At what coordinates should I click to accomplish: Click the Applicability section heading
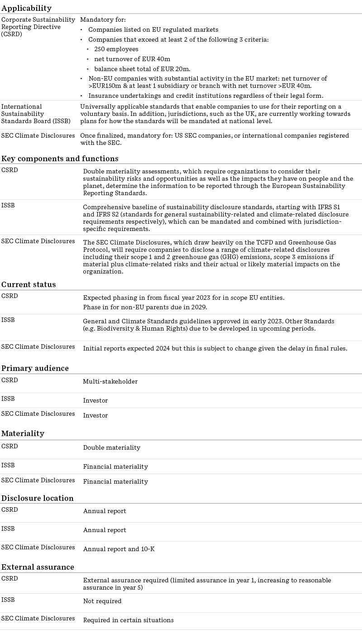26,8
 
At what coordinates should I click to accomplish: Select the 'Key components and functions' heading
60,158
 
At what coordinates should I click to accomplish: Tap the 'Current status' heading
29,284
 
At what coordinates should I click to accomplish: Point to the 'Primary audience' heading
35,368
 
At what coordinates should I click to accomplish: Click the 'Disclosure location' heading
37,498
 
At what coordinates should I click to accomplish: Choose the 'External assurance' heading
38,567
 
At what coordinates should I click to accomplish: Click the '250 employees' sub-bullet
116,49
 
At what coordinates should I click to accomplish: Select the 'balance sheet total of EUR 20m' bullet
142,69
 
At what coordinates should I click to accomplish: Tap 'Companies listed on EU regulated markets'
153,29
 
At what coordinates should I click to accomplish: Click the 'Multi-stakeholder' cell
110,381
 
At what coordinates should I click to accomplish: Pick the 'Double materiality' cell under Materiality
111,447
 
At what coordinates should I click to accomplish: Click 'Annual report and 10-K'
119,549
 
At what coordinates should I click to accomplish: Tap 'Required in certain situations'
128,620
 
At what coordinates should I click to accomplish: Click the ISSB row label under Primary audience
8,399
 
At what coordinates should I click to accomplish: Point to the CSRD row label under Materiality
10,446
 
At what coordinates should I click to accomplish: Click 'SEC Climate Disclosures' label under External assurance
38,618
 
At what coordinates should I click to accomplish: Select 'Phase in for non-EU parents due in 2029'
145,307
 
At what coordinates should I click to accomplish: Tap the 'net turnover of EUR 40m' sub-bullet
132,59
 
